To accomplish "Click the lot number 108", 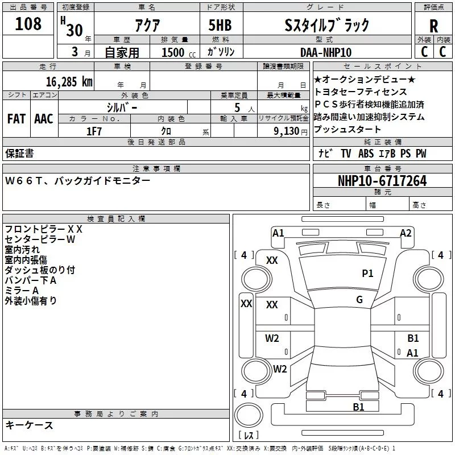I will (x=28, y=24).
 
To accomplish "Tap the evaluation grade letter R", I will (x=434, y=26).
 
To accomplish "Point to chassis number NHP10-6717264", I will (x=382, y=181).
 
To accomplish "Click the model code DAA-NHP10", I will (x=326, y=52).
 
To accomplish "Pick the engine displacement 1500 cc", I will (x=175, y=52).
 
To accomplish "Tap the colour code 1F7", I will (x=94, y=130).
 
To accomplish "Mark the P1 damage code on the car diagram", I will (x=368, y=274).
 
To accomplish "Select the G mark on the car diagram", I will (x=359, y=300).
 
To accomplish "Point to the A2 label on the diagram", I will (x=406, y=233).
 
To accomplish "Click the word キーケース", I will (x=29, y=425).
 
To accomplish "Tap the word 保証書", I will (x=19, y=154).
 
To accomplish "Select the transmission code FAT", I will (x=16, y=119).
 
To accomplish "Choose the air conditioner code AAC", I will (x=44, y=119).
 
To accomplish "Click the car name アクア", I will (x=146, y=25).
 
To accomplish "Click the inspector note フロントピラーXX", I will (x=43, y=229).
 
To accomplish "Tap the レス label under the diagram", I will (x=249, y=436).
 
